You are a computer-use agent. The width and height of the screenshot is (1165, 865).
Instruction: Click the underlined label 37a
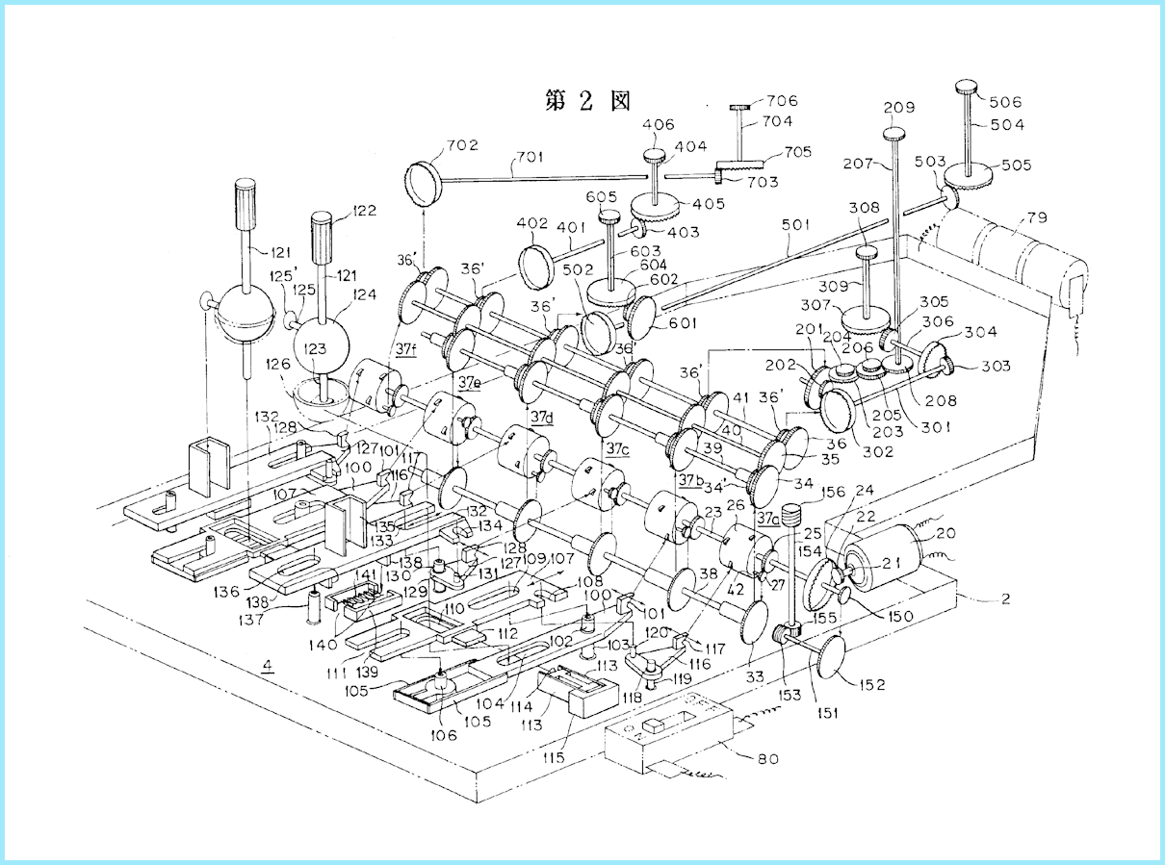click(x=768, y=518)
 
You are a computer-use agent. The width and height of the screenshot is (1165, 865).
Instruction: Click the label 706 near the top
click(x=782, y=101)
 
